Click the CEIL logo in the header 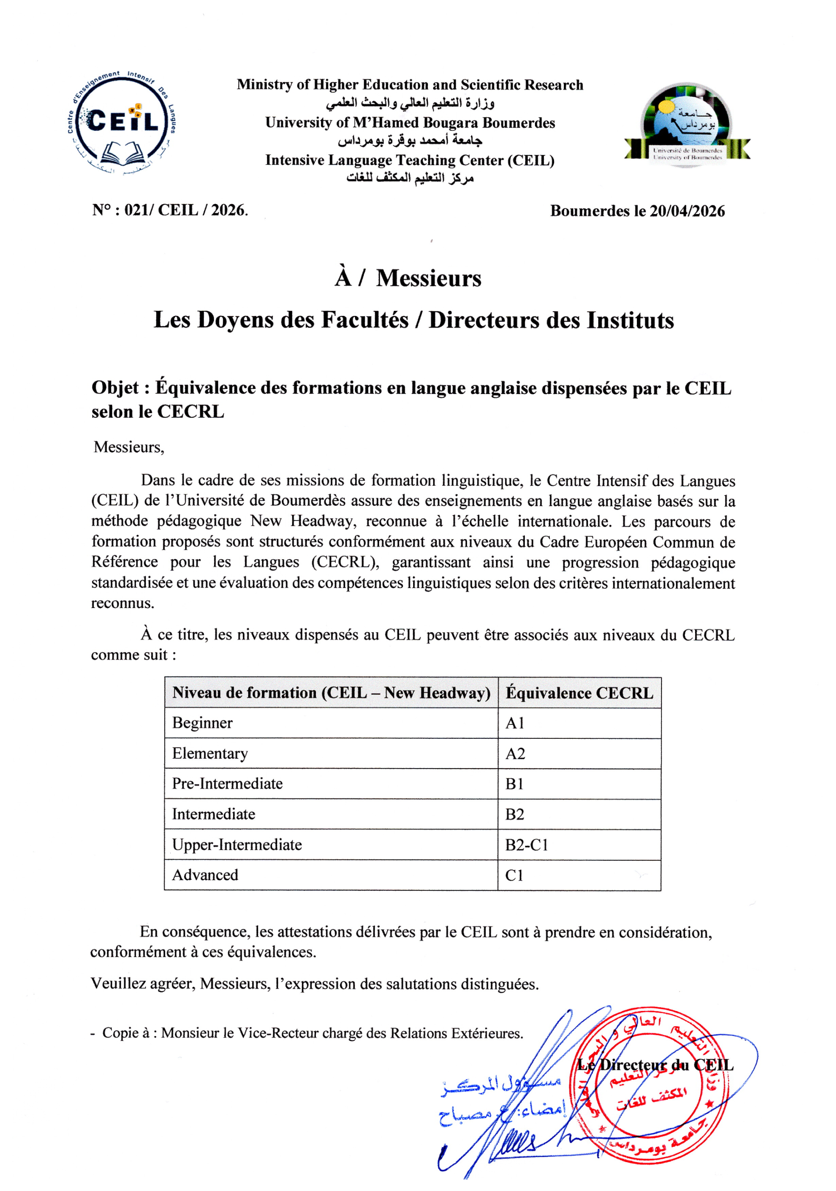[122, 123]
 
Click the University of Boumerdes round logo [686, 125]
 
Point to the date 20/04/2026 [687, 211]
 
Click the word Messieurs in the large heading [428, 279]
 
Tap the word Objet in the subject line [115, 388]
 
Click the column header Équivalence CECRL [579, 693]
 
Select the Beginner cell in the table [202, 723]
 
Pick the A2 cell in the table [515, 754]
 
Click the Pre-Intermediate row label [227, 784]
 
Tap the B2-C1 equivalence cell [526, 845]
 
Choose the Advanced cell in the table [205, 875]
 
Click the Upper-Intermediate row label [236, 845]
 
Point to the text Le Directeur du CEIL [655, 1065]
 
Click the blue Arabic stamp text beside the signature [501, 1100]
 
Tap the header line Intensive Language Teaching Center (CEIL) [410, 161]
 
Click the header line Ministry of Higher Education [410, 85]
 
